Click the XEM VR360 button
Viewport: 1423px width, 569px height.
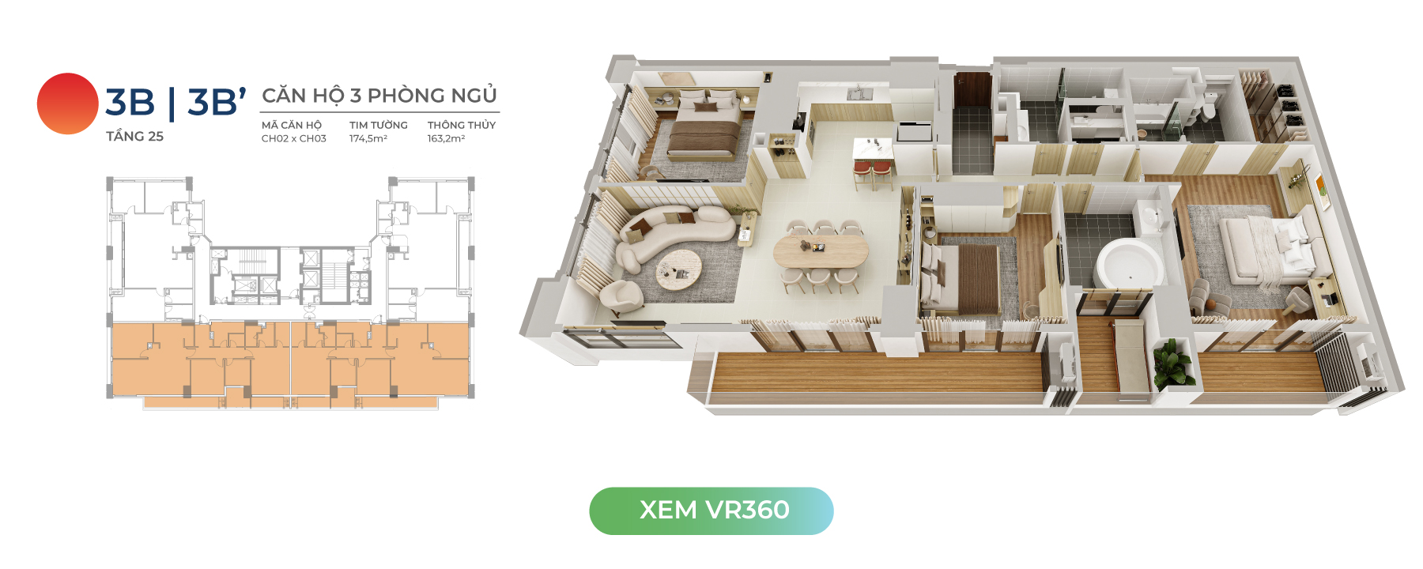(x=711, y=511)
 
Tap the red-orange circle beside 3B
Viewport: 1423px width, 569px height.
(x=68, y=104)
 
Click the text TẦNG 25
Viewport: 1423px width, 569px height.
(x=135, y=136)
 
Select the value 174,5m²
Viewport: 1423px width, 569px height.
(x=368, y=138)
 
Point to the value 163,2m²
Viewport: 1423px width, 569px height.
(x=446, y=138)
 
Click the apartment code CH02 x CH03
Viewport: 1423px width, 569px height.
(x=294, y=138)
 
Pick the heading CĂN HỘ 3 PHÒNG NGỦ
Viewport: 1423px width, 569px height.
(x=379, y=96)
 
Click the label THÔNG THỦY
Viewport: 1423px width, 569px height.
(x=462, y=125)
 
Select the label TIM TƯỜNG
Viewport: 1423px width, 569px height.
(x=379, y=125)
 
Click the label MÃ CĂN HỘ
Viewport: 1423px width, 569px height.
(x=292, y=125)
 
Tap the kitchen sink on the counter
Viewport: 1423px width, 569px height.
(x=859, y=93)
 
